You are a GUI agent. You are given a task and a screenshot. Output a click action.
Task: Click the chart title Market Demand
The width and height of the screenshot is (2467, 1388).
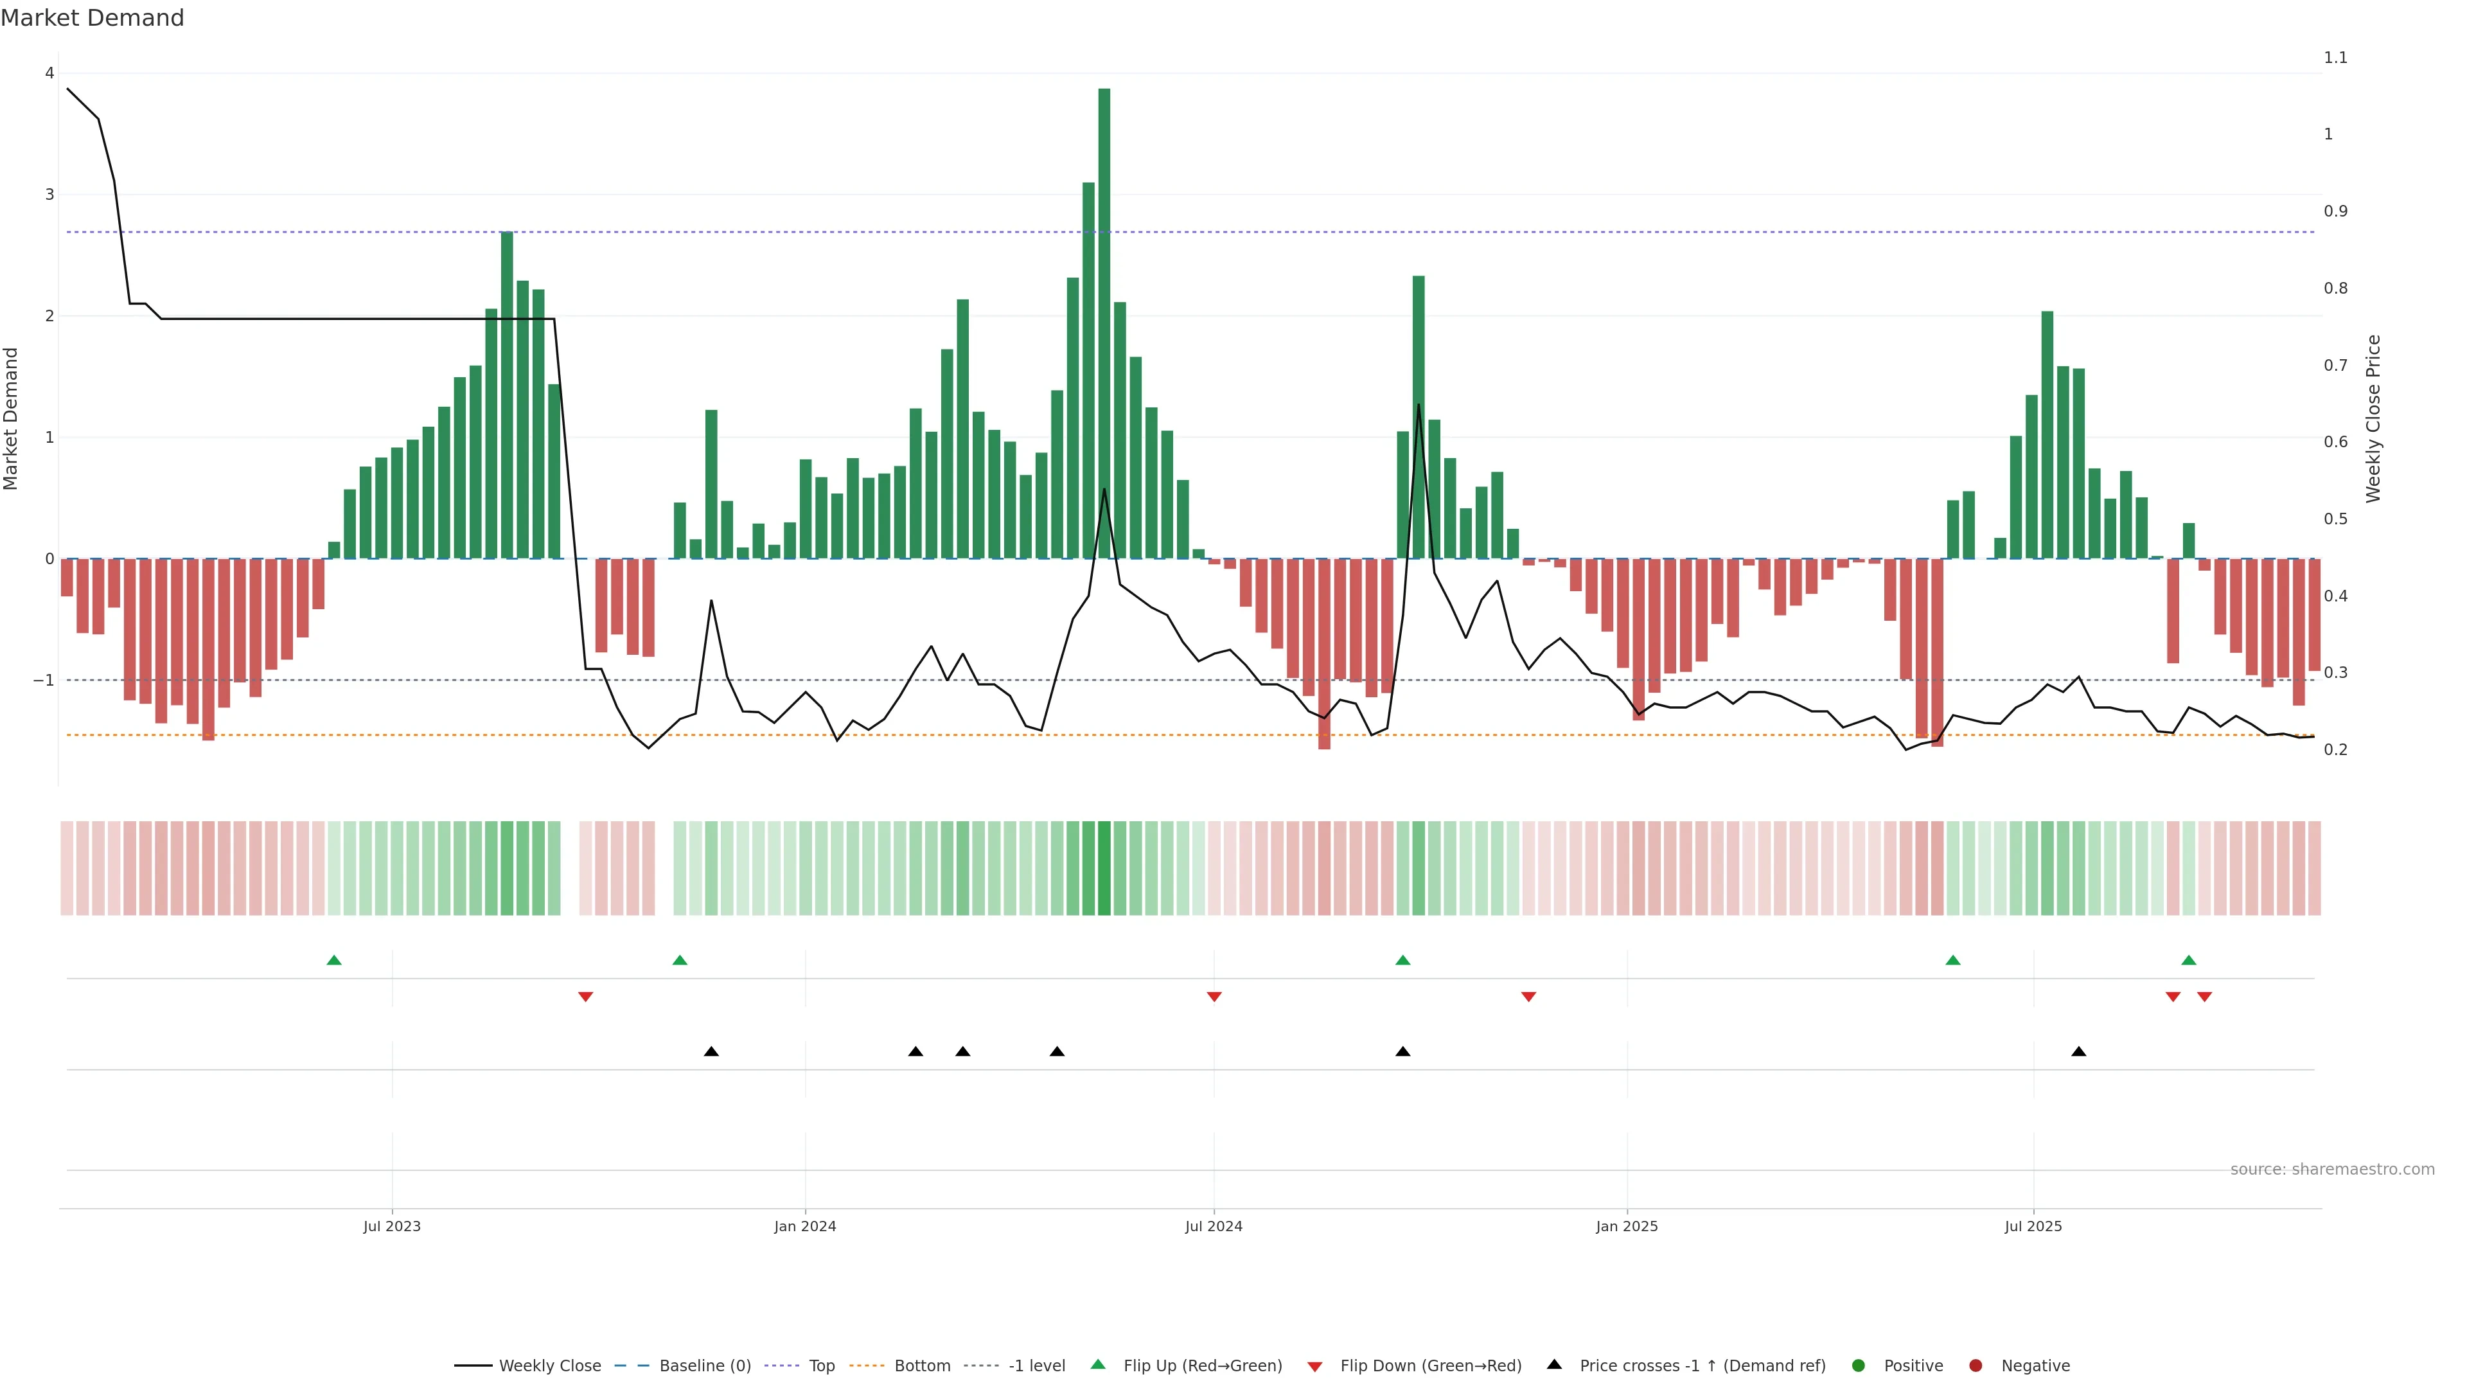(x=92, y=18)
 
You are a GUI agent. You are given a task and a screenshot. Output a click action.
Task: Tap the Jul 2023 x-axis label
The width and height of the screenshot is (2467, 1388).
(x=392, y=1226)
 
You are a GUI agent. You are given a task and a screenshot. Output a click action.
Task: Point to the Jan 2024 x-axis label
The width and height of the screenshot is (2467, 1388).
(x=804, y=1226)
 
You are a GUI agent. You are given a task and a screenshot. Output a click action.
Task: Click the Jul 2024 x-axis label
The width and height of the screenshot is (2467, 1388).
(x=1214, y=1226)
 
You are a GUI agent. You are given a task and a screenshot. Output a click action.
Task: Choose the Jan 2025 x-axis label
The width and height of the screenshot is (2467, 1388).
(x=1626, y=1226)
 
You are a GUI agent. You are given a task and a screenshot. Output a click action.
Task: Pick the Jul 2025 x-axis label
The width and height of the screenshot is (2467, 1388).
(x=2033, y=1226)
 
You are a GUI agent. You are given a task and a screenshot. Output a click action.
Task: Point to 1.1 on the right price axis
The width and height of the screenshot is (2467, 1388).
(x=2335, y=57)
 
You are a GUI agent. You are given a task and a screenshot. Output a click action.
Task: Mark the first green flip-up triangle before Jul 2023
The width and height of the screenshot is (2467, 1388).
(x=333, y=960)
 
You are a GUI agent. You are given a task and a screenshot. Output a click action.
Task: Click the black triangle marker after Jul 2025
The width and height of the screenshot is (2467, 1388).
(x=2078, y=1052)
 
